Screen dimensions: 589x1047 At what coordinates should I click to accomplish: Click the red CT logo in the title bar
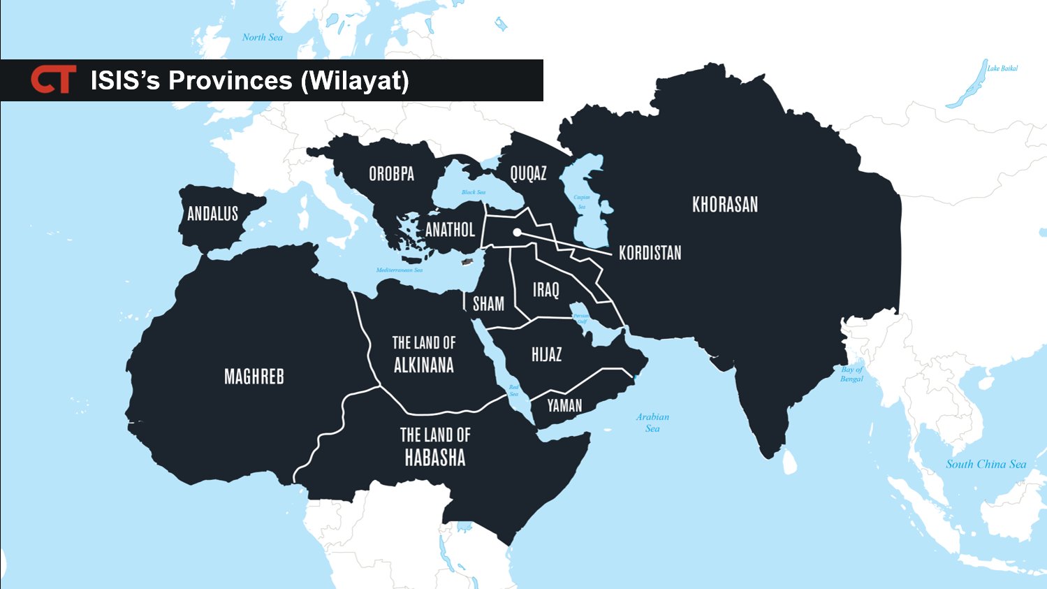coord(53,80)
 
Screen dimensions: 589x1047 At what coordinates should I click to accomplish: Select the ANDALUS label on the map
coord(212,214)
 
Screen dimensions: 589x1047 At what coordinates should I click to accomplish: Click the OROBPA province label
coord(391,173)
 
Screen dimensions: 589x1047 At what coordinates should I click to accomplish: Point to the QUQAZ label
coord(528,173)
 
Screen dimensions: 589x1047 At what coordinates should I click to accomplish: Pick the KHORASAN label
coord(724,205)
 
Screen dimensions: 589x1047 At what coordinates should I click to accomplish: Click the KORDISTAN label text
coord(650,253)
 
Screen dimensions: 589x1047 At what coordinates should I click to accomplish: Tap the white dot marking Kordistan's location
coord(516,233)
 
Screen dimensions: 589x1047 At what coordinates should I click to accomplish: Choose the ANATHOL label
coord(450,230)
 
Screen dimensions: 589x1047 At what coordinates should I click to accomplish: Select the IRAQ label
coord(546,290)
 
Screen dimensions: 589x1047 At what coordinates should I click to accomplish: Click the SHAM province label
coord(488,304)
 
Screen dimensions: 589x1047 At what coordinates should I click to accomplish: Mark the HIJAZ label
coord(546,355)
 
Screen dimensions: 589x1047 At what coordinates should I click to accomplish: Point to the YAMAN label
coord(564,405)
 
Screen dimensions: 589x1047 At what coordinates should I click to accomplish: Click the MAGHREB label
coord(254,377)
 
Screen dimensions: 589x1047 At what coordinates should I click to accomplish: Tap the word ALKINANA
coord(423,365)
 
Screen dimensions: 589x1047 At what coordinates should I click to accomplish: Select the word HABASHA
coord(434,458)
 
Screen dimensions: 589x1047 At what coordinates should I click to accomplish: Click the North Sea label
coord(263,37)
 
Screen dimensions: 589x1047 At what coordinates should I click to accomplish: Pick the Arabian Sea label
coord(652,422)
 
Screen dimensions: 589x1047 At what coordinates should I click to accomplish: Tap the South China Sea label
coord(986,464)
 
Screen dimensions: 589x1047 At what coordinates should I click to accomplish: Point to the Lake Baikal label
coord(1002,68)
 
